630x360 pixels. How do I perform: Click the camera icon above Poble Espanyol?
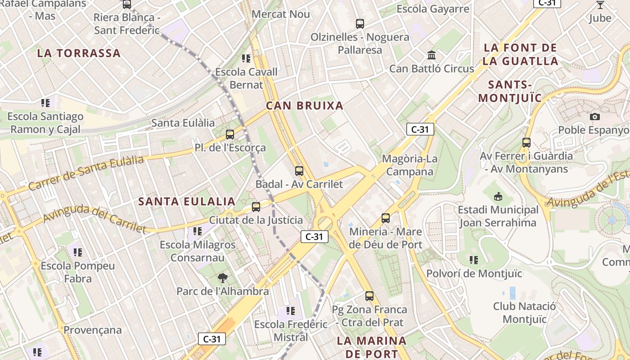pyautogui.click(x=594, y=117)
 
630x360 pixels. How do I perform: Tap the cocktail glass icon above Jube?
pyautogui.click(x=600, y=5)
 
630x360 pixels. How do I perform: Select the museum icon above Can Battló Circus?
pyautogui.click(x=432, y=55)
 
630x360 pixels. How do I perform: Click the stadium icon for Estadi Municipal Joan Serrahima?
pyautogui.click(x=498, y=197)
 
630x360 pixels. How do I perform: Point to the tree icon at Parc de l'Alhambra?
pyautogui.click(x=222, y=278)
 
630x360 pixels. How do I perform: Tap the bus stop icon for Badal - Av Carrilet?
pyautogui.click(x=299, y=171)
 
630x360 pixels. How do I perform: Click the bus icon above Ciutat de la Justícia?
pyautogui.click(x=256, y=207)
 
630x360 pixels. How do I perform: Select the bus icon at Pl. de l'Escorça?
pyautogui.click(x=230, y=134)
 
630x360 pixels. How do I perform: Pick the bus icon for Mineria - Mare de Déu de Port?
pyautogui.click(x=386, y=218)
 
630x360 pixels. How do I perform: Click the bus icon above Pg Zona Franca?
pyautogui.click(x=369, y=296)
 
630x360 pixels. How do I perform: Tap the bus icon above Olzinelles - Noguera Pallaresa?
pyautogui.click(x=360, y=24)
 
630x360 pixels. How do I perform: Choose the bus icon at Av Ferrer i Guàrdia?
pyautogui.click(x=526, y=143)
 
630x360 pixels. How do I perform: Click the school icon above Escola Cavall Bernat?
pyautogui.click(x=246, y=58)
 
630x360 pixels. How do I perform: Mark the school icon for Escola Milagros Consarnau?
pyautogui.click(x=198, y=231)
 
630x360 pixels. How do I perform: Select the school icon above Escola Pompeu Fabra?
pyautogui.click(x=78, y=252)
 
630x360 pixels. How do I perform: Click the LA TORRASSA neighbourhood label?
pyautogui.click(x=79, y=53)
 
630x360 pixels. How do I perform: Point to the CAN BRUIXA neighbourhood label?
pyautogui.click(x=304, y=106)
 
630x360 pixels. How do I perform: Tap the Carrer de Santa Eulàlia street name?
pyautogui.click(x=86, y=172)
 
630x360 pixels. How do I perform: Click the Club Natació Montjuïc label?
pyautogui.click(x=524, y=313)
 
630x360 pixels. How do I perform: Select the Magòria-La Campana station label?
pyautogui.click(x=409, y=165)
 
